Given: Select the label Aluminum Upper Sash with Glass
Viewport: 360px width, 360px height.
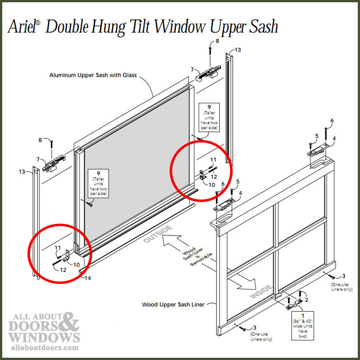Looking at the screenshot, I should (93, 75).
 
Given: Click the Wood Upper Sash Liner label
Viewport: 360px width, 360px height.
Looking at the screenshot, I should (173, 305).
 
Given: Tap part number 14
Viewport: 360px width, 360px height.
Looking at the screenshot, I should (88, 278).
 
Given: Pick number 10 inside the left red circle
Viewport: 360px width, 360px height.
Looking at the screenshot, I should (76, 264).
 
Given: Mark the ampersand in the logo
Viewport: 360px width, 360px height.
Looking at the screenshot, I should (70, 321).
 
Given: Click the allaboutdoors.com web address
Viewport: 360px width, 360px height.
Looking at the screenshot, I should (43, 348).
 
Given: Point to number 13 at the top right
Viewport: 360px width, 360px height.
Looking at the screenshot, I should (238, 50).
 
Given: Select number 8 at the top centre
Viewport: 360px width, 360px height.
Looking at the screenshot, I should (217, 41).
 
